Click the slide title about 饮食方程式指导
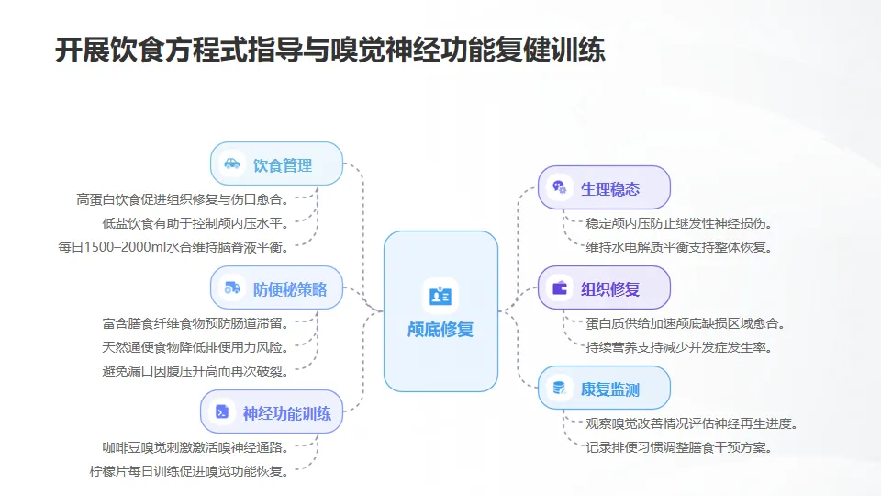[330, 50]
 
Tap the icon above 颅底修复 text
[440, 296]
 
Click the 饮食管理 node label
[283, 165]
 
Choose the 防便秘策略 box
[276, 289]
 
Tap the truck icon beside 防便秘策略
[232, 289]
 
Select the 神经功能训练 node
[272, 412]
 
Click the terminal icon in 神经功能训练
[222, 412]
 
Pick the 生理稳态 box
[604, 189]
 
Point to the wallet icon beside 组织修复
[559, 288]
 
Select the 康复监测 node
[604, 389]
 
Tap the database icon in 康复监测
[559, 389]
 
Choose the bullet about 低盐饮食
[196, 222]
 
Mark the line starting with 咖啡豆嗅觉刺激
[196, 447]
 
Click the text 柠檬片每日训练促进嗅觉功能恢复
[189, 471]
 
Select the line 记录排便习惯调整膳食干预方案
[678, 447]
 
